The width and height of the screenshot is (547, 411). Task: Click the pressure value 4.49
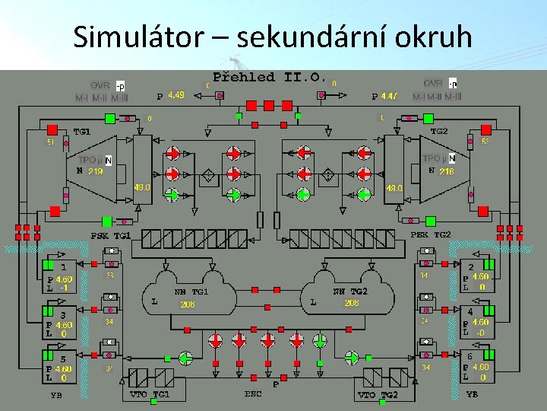click(x=175, y=96)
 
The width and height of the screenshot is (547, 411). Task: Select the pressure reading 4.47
click(x=389, y=96)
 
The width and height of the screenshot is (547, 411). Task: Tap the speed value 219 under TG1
click(x=96, y=171)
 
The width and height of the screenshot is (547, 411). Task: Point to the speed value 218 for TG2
click(x=446, y=171)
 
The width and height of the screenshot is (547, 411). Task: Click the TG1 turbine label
click(x=82, y=132)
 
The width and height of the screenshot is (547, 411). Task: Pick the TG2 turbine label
click(x=439, y=131)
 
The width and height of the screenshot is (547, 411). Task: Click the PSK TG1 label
click(x=111, y=236)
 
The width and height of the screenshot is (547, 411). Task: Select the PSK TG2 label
click(x=431, y=234)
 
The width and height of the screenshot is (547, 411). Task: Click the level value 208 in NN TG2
click(x=351, y=303)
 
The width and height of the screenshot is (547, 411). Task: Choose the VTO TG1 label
click(x=150, y=394)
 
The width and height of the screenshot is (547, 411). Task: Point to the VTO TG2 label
click(x=378, y=395)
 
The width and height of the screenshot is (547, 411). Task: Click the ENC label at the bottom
click(x=253, y=393)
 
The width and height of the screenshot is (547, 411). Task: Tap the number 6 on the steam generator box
click(x=471, y=356)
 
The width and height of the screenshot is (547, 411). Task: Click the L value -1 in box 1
click(x=65, y=288)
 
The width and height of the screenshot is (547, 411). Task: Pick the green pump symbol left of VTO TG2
click(x=352, y=358)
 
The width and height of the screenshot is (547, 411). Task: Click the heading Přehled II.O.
click(x=270, y=78)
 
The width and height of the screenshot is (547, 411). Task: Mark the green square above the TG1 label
click(x=110, y=118)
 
